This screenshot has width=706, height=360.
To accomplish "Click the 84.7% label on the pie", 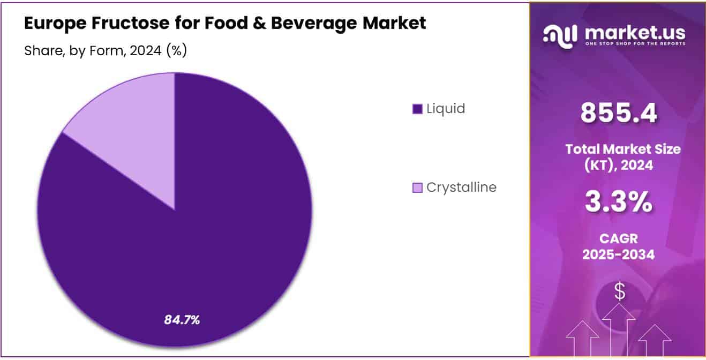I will pos(182,320).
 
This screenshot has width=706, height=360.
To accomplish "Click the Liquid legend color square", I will pos(417,109).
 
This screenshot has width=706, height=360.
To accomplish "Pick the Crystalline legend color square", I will pos(417,187).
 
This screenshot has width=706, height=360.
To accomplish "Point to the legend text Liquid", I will pos(446,109).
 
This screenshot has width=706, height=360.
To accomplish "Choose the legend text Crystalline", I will pos(461,187).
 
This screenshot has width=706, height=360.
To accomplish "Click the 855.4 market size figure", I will pos(619,113).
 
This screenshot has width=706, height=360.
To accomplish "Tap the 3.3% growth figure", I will pos(619,202).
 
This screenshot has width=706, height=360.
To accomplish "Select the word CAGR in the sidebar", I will pos(619,239).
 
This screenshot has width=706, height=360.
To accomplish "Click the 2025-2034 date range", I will pos(619,255).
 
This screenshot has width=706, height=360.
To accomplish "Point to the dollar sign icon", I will pos(619,292).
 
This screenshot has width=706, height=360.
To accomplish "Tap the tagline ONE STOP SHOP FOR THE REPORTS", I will pos(635,44).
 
